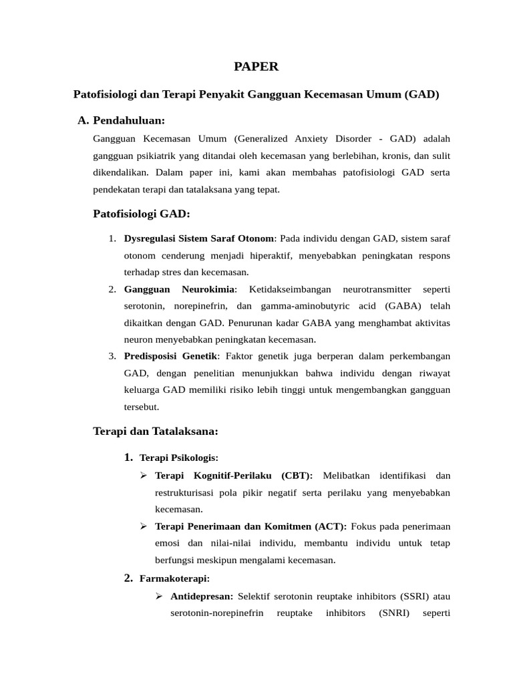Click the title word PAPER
(x=256, y=66)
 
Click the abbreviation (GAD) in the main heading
(x=421, y=94)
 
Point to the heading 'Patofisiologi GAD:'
(x=142, y=214)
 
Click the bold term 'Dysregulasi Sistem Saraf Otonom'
(x=199, y=238)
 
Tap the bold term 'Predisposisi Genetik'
(x=171, y=355)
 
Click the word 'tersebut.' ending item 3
(x=142, y=406)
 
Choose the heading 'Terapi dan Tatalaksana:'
(x=156, y=432)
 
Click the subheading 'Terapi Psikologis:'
(x=179, y=458)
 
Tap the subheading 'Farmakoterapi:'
(x=174, y=578)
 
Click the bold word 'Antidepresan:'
(x=202, y=596)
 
